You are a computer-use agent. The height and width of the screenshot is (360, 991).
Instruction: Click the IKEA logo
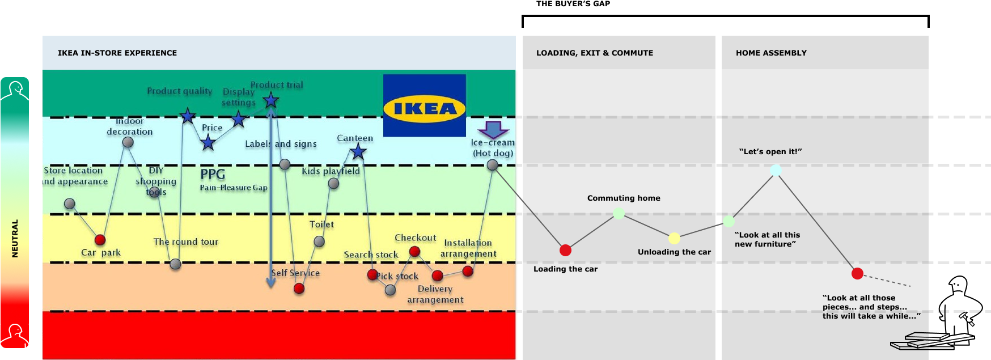point(425,106)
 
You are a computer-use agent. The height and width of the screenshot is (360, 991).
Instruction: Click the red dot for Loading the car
point(565,250)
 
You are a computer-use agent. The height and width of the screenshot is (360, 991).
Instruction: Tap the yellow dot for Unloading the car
point(674,238)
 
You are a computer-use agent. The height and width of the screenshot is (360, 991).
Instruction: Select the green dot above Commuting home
point(619,213)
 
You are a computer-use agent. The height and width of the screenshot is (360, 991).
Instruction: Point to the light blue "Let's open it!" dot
point(776,170)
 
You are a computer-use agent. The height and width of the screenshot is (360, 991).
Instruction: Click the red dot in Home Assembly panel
point(857,274)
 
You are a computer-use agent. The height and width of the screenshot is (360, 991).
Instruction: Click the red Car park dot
point(100,239)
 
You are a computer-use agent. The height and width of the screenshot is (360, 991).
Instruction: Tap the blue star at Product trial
point(271,101)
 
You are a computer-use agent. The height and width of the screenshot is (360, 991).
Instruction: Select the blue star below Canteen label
point(358,151)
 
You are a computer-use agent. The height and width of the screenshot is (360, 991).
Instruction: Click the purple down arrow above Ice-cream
point(493,130)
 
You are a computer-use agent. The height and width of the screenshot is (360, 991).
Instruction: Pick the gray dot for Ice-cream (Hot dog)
point(493,165)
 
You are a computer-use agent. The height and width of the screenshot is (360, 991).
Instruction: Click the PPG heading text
point(213,174)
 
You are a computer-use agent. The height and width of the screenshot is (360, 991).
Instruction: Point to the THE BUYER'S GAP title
point(573,4)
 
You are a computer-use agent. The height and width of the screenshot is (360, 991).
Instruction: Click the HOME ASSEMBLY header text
point(771,53)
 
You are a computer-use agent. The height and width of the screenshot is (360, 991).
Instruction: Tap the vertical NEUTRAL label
point(15,238)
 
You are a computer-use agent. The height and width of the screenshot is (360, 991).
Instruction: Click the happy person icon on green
point(15,90)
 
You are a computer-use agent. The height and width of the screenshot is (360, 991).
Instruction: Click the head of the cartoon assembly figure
point(958,285)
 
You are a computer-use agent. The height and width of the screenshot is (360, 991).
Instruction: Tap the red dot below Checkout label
point(414,251)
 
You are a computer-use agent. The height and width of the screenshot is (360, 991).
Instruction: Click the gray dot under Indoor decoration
point(128,142)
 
